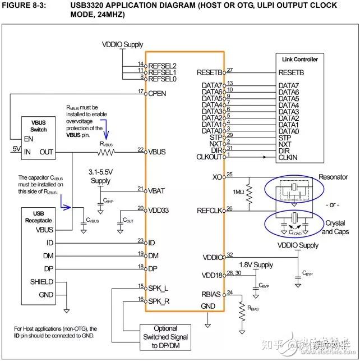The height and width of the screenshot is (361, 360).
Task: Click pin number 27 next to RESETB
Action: tap(230, 70)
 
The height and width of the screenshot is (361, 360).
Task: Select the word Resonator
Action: tap(334, 177)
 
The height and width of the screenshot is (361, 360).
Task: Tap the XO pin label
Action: tap(218, 177)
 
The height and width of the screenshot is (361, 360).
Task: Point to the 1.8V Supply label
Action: tap(256, 264)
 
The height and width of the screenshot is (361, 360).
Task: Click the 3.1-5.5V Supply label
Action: tap(100, 177)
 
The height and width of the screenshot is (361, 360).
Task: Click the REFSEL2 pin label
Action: tap(163, 65)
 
